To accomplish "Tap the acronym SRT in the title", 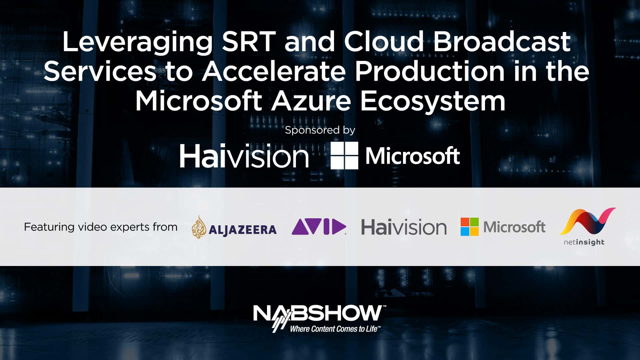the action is click(x=249, y=41).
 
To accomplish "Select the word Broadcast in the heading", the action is click(x=502, y=41).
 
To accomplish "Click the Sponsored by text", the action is click(x=320, y=130).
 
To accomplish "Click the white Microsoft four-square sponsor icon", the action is click(x=344, y=155).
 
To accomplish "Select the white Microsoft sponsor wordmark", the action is click(x=413, y=156).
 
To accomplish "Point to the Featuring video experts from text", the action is click(x=101, y=227).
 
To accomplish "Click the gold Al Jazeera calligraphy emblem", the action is click(x=199, y=227).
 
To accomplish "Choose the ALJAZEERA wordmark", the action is click(x=243, y=230).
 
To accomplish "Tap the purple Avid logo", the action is click(x=319, y=227).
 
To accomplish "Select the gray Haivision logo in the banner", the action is click(x=404, y=227).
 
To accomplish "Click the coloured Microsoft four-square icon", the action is click(x=470, y=227).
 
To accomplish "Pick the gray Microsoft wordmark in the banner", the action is click(x=514, y=227).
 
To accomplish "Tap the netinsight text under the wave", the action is click(x=584, y=242).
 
